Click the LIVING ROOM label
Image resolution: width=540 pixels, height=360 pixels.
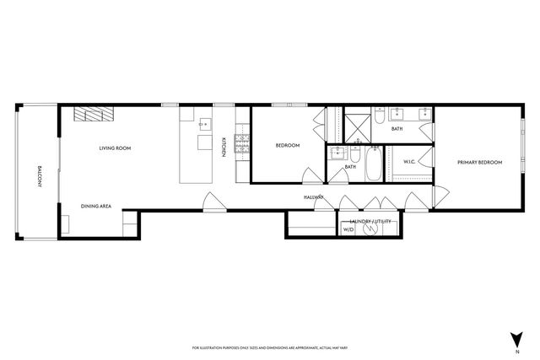click(x=115, y=148)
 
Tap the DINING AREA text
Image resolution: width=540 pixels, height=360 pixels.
click(x=96, y=206)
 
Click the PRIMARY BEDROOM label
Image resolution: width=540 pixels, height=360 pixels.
click(x=479, y=162)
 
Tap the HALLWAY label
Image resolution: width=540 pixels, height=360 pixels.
click(x=315, y=197)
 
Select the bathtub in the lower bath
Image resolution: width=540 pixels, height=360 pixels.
click(x=372, y=164)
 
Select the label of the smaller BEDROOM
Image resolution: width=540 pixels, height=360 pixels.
click(x=288, y=146)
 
